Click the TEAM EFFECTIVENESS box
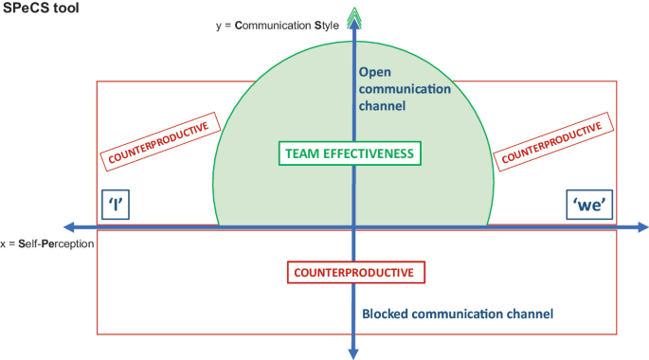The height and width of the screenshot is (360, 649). pos(351,153)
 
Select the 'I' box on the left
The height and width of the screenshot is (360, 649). pos(115,206)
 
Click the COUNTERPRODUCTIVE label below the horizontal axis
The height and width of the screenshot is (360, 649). pos(354,272)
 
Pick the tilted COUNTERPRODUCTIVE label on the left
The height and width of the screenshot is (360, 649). pos(160,142)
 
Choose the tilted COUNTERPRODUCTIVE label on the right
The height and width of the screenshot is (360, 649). pos(552,142)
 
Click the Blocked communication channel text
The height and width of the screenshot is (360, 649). pos(458,314)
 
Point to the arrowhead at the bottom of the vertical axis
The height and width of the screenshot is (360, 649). pos(354,352)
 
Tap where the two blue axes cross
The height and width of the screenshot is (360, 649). pos(354,226)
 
